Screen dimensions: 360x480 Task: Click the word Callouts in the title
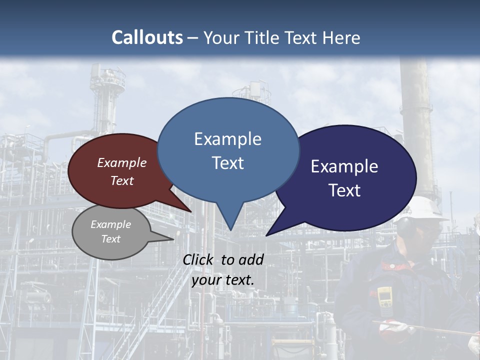(x=147, y=37)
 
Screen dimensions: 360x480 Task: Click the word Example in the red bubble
(x=122, y=162)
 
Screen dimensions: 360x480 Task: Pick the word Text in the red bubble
(x=122, y=180)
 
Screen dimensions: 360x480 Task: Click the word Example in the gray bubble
(x=111, y=224)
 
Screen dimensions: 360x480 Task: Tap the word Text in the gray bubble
(x=111, y=239)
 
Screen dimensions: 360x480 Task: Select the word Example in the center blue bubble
(x=227, y=138)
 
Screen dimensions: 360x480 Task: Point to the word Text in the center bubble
(x=227, y=163)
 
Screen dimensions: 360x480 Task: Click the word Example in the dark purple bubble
(x=344, y=166)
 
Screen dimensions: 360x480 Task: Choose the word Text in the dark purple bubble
(x=344, y=190)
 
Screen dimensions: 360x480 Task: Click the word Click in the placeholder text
(x=200, y=259)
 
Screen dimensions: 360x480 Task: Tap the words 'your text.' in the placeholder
(x=223, y=280)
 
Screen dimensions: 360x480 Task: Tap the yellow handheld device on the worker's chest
(x=384, y=297)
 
